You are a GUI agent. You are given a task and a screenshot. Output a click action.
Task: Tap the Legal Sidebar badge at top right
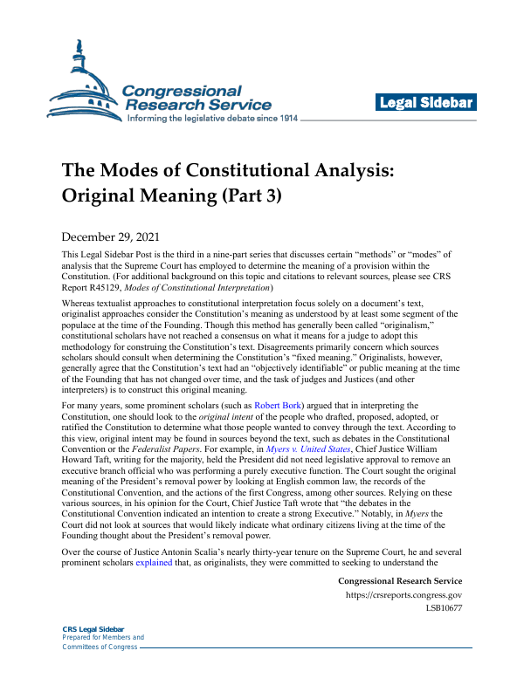pos(426,103)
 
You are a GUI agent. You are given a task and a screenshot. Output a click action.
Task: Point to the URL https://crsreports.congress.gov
pos(404,595)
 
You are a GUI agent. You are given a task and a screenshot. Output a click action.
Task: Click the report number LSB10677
pos(444,608)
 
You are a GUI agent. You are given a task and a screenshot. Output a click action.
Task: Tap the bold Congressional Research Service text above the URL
pos(399,580)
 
